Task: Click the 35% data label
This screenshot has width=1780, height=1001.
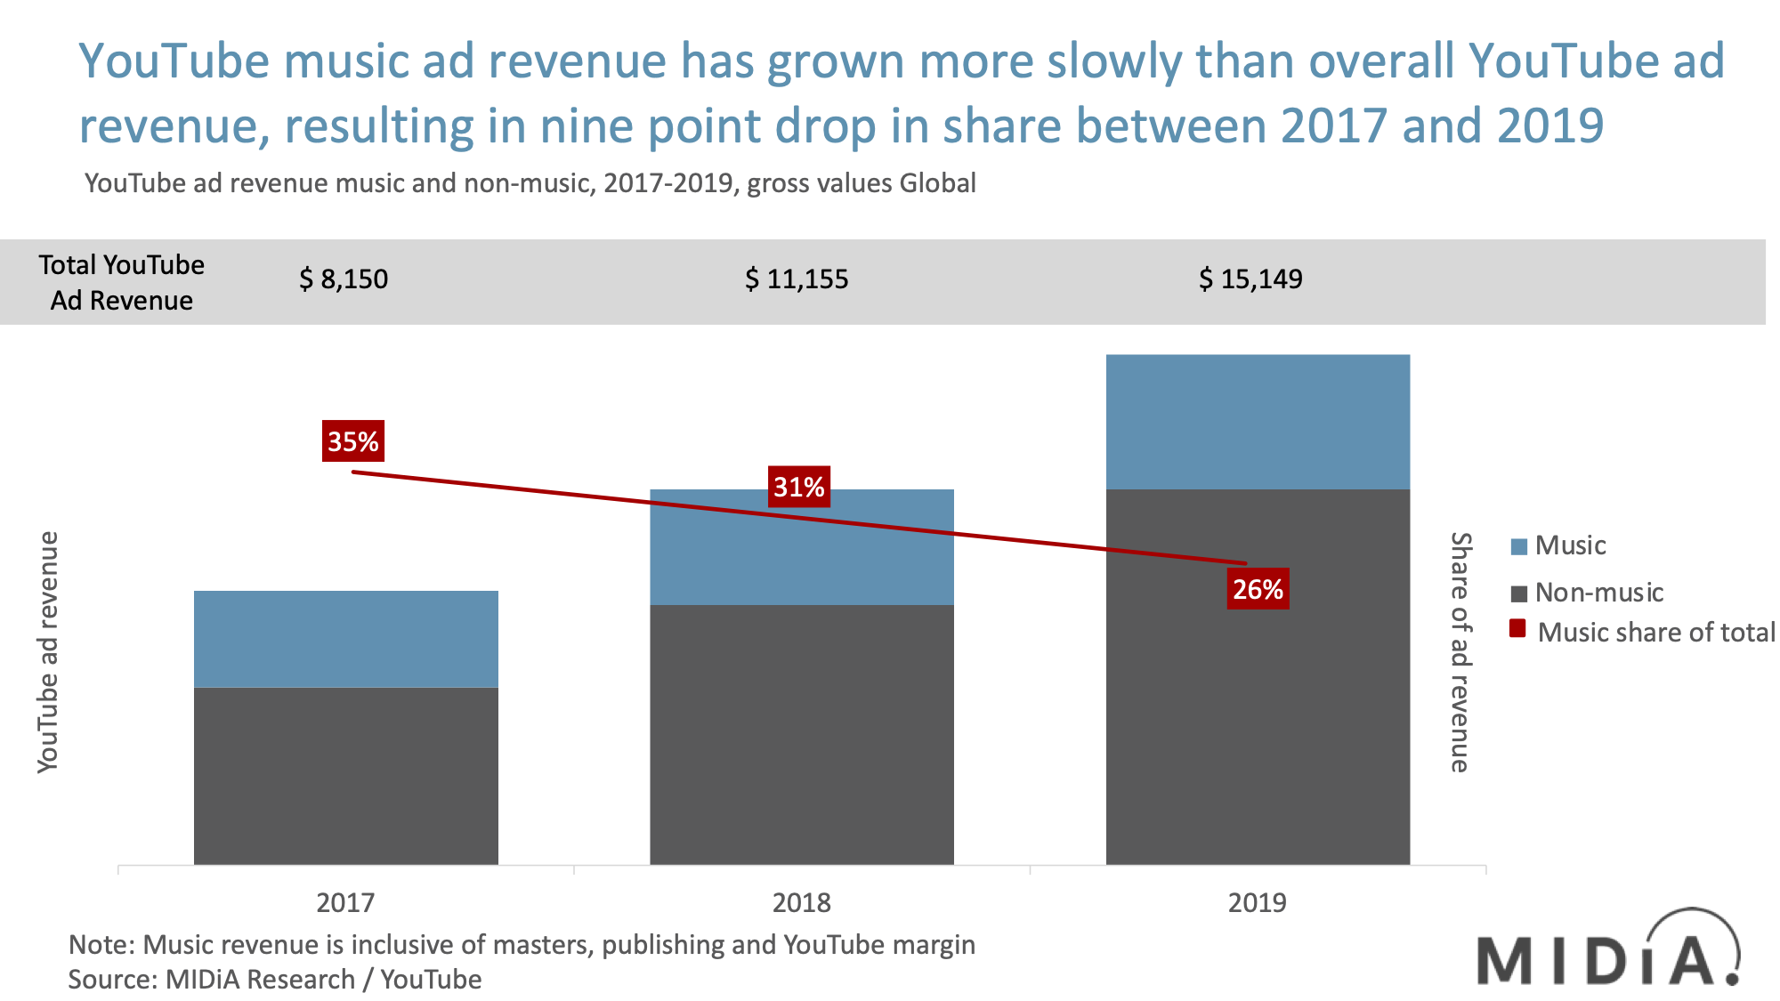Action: pyautogui.click(x=353, y=441)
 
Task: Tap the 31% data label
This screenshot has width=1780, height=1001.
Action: pyautogui.click(x=799, y=487)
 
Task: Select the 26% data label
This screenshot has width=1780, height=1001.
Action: pyautogui.click(x=1258, y=589)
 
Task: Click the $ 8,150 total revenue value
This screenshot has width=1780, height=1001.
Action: pyautogui.click(x=344, y=279)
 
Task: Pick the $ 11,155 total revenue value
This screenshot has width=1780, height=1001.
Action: pyautogui.click(x=797, y=279)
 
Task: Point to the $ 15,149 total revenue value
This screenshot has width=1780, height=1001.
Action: pyautogui.click(x=1250, y=279)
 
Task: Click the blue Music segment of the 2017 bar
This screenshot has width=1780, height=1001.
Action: pyautogui.click(x=345, y=639)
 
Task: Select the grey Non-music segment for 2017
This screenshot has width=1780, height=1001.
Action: pyautogui.click(x=345, y=774)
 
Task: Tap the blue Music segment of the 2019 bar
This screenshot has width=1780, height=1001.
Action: pyautogui.click(x=1258, y=421)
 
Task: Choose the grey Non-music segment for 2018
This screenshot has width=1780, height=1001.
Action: pyautogui.click(x=801, y=734)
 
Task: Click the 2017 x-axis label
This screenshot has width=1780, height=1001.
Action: pyautogui.click(x=345, y=902)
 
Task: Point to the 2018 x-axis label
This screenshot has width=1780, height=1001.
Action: pyautogui.click(x=801, y=902)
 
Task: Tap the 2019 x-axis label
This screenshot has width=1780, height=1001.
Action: pyautogui.click(x=1257, y=902)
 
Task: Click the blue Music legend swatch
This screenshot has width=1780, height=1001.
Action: pyautogui.click(x=1519, y=546)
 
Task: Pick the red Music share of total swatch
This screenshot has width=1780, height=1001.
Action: pyautogui.click(x=1518, y=630)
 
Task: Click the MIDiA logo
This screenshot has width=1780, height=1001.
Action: pyautogui.click(x=1607, y=950)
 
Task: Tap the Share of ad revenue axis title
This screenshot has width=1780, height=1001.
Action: pyautogui.click(x=1460, y=652)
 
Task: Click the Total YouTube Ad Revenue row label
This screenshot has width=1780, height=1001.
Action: pyautogui.click(x=122, y=282)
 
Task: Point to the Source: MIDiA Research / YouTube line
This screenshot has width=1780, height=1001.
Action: pyautogui.click(x=275, y=979)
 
